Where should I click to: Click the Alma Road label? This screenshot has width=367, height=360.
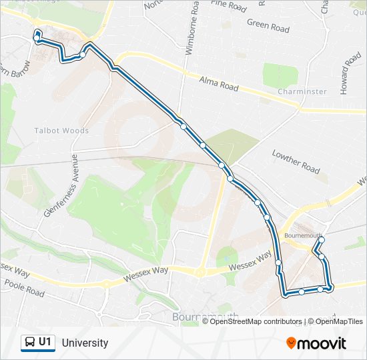pyautogui.click(x=219, y=83)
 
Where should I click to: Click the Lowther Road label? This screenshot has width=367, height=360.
pyautogui.click(x=296, y=161)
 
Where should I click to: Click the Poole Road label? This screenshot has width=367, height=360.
pyautogui.click(x=24, y=289)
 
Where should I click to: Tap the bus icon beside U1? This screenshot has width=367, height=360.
pyautogui.click(x=29, y=343)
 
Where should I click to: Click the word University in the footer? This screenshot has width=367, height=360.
pyautogui.click(x=85, y=343)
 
